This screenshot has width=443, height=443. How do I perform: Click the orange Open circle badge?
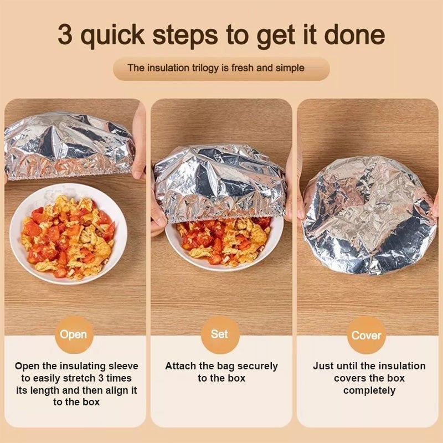(x=73, y=334)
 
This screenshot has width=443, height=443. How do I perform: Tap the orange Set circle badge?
(x=220, y=334)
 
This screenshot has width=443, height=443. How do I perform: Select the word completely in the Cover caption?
(x=369, y=390)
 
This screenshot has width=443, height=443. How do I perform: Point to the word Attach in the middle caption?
(x=181, y=366)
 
